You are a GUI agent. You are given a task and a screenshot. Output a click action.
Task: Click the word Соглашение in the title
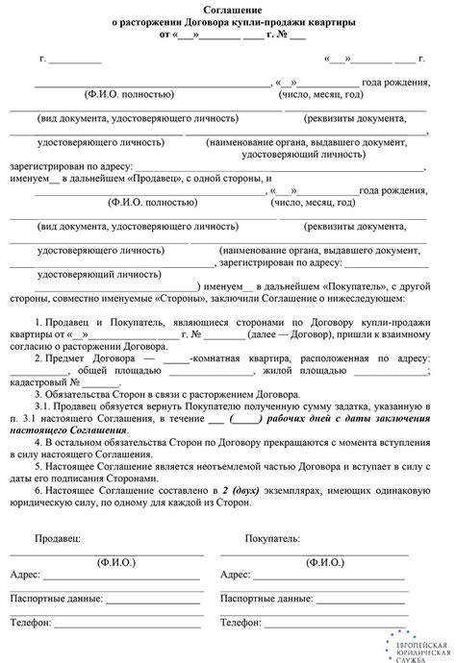227,10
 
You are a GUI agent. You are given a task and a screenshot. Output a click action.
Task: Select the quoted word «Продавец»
152,179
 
